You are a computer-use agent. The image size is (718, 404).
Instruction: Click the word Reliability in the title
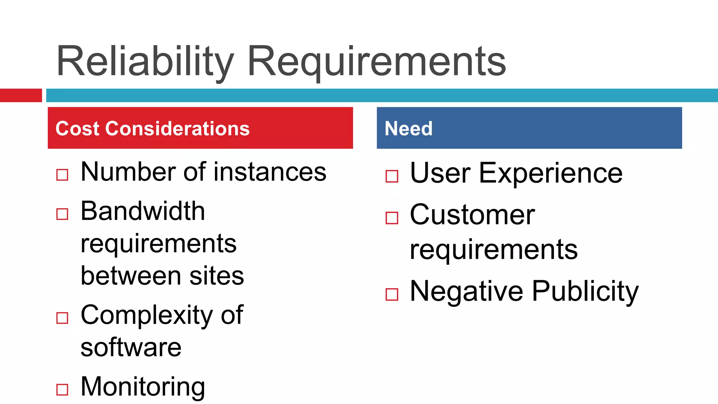[144, 61]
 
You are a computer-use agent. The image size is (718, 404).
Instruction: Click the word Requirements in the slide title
[377, 62]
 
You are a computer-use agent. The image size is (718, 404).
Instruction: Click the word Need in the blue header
[408, 128]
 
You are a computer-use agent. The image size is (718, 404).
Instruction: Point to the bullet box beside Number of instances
[62, 175]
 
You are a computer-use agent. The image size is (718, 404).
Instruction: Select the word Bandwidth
[143, 211]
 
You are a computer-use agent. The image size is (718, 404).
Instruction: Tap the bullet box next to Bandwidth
[62, 214]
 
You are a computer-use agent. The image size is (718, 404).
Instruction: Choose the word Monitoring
[143, 387]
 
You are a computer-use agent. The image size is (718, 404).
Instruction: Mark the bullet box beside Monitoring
[62, 390]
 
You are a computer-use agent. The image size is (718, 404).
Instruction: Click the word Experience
[550, 173]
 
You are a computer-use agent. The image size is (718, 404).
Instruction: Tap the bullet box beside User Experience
[392, 176]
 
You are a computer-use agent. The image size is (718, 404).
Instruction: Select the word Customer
[472, 215]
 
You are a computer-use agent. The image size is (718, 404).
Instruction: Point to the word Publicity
[585, 291]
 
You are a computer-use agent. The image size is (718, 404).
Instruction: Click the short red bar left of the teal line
[21, 95]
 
